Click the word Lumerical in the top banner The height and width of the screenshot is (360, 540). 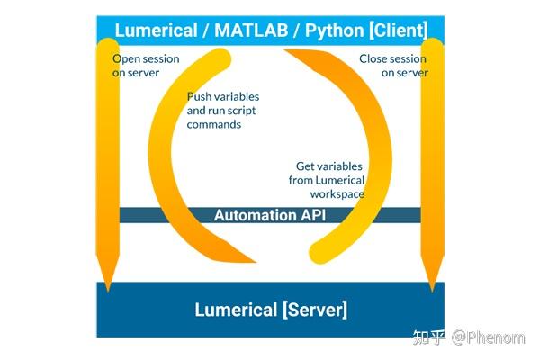pyautogui.click(x=155, y=31)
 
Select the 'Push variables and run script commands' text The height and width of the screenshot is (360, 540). pyautogui.click(x=214, y=111)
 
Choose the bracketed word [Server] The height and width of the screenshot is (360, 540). pyautogui.click(x=315, y=310)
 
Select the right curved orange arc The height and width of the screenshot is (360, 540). pyautogui.click(x=378, y=153)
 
